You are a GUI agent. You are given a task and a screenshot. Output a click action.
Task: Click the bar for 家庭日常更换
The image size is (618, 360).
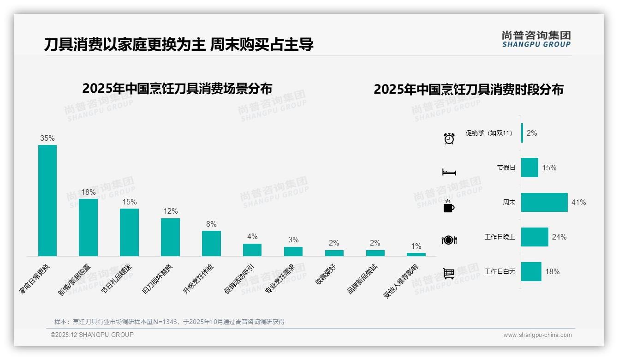[x=48, y=200]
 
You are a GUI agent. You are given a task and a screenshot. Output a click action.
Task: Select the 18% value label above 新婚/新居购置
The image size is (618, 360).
[x=88, y=192]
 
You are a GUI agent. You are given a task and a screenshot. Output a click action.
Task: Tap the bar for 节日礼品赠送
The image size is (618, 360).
[x=129, y=232]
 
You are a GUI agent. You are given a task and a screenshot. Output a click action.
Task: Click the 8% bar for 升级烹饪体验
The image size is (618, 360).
[x=211, y=243]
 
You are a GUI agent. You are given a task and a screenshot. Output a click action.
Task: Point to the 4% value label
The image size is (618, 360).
[x=252, y=237]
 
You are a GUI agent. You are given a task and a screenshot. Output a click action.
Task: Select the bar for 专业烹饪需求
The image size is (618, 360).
[x=293, y=252]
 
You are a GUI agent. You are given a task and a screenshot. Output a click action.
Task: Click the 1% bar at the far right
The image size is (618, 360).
[x=416, y=254]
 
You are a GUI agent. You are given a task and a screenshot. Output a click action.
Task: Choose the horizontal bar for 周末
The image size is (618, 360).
[x=544, y=202]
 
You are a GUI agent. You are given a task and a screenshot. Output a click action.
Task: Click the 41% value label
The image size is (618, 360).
[x=578, y=203]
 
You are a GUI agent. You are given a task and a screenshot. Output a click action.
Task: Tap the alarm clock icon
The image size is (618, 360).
[x=449, y=138]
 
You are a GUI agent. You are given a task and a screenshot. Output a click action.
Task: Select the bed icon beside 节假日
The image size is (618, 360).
[x=449, y=172]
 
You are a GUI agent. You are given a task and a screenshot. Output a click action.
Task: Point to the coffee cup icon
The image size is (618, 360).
[x=449, y=206]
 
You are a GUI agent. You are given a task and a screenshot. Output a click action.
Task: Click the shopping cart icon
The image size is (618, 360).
[x=449, y=274]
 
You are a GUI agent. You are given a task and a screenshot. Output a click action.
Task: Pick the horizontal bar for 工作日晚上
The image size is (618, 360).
[x=535, y=237]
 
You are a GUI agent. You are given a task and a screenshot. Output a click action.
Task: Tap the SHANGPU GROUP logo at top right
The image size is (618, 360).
[x=536, y=39]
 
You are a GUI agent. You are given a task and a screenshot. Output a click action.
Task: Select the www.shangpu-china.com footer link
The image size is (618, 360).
[x=537, y=335]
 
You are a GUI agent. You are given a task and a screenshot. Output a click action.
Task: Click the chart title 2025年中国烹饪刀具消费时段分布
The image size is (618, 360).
[x=469, y=90]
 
